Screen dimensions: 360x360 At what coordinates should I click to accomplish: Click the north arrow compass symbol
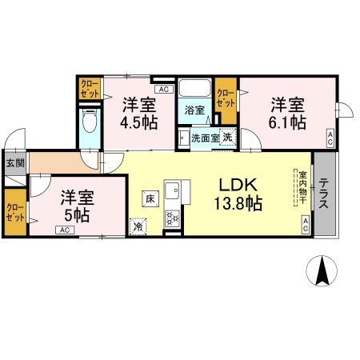click(x=322, y=271)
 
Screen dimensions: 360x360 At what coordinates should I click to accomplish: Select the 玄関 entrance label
click(x=14, y=162)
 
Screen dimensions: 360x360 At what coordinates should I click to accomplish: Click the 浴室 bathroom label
click(x=195, y=110)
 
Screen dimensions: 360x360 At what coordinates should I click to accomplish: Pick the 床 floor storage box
click(x=150, y=196)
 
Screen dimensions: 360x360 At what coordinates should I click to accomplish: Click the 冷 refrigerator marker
click(x=138, y=227)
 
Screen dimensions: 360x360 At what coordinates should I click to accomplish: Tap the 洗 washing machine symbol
click(x=227, y=137)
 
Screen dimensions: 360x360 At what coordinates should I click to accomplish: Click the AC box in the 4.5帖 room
click(x=163, y=90)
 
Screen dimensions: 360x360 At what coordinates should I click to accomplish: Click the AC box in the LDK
click(x=305, y=227)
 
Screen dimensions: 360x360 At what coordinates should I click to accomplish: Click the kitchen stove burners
click(x=172, y=216)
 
